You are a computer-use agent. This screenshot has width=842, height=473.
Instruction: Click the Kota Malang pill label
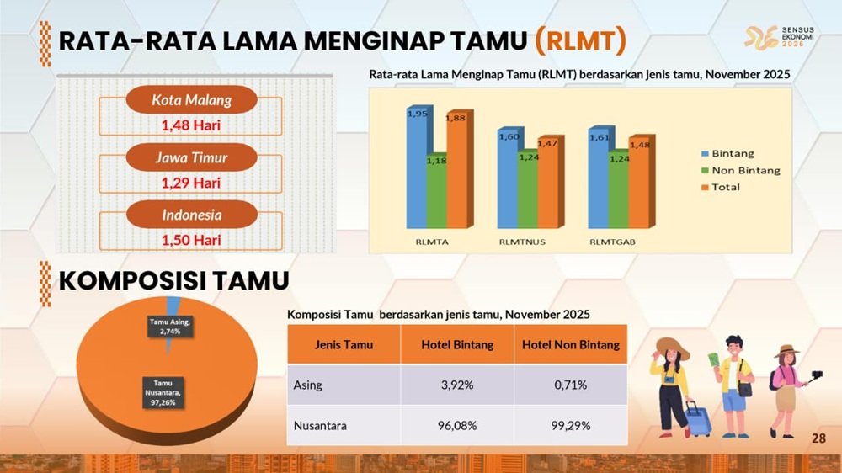(x=192, y=100)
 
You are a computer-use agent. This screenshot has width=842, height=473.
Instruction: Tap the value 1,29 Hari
(x=191, y=183)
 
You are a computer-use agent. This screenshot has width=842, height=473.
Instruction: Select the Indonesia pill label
(x=192, y=215)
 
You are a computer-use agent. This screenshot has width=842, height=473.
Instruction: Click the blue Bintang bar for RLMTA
(x=418, y=167)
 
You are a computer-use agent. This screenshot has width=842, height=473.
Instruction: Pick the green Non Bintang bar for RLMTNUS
(x=528, y=189)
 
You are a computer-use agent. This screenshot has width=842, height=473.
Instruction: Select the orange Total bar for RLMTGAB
(x=640, y=183)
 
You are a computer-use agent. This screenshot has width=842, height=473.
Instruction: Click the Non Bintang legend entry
(x=740, y=171)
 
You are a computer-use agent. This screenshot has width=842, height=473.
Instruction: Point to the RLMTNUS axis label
(x=522, y=242)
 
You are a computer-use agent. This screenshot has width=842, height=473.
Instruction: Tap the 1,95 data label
(x=418, y=114)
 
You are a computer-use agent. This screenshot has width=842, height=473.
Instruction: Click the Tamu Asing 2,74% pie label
(x=170, y=327)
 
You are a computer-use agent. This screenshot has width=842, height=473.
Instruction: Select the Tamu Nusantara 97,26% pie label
(x=163, y=392)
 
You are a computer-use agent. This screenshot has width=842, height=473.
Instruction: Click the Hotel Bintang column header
(x=457, y=345)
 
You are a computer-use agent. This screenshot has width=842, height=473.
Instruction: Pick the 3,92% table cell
(x=457, y=385)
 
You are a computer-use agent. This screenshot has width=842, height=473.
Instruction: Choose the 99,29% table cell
(x=571, y=426)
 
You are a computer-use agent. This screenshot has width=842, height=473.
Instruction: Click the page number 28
(x=818, y=438)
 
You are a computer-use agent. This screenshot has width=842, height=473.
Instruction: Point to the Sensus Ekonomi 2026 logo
(x=779, y=38)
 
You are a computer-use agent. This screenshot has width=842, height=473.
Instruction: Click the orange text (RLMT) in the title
(x=580, y=41)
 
